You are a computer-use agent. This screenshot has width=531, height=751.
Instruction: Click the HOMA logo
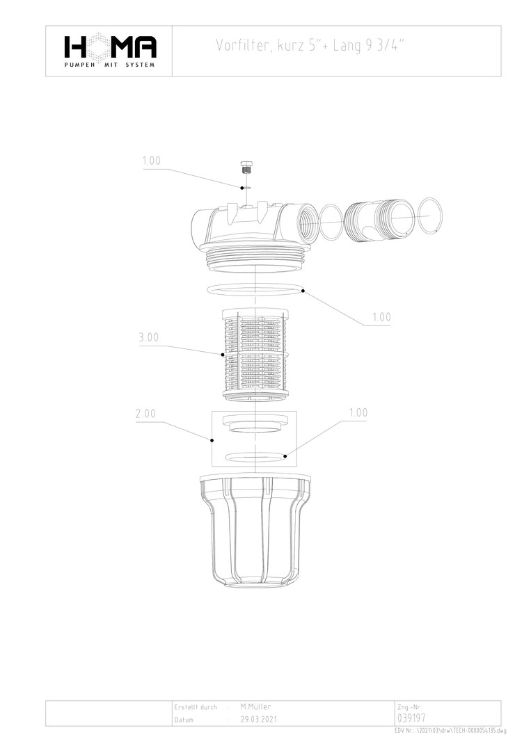[x=110, y=50]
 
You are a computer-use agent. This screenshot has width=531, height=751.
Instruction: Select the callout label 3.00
[x=148, y=337]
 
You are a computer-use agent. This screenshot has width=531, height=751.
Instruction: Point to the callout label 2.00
[x=145, y=413]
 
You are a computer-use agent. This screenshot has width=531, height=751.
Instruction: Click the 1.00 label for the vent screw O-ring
[x=152, y=161]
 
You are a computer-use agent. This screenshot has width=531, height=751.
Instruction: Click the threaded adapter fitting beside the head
[x=380, y=218]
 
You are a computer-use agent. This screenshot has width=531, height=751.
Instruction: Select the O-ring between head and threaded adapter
[x=331, y=222]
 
